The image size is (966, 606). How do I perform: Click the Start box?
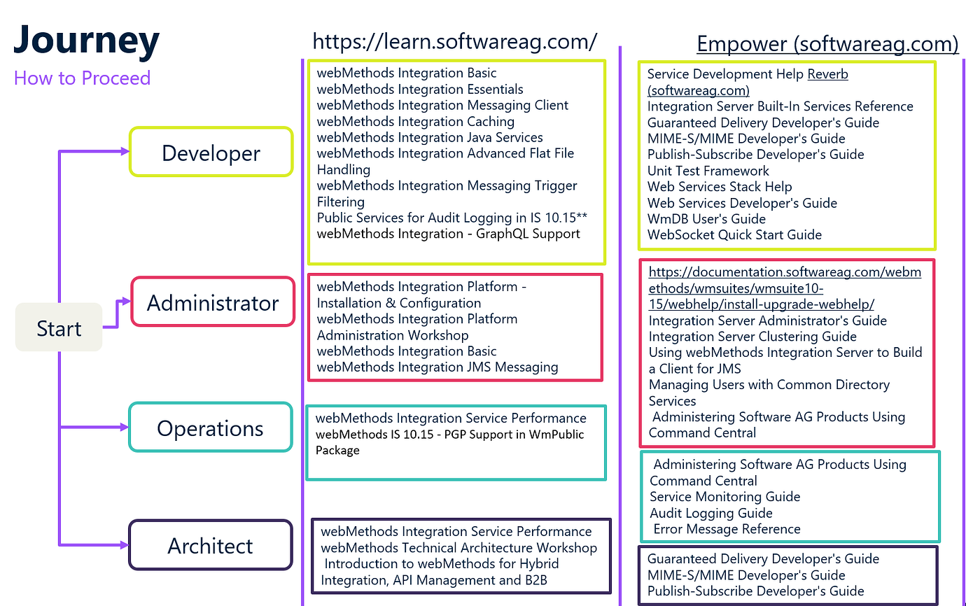point(59,327)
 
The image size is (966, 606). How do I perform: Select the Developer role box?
point(211,152)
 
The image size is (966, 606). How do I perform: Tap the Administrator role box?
point(213,302)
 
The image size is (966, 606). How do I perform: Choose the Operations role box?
point(211,427)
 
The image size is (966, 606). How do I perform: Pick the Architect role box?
point(211,545)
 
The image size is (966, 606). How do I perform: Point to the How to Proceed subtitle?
point(82,78)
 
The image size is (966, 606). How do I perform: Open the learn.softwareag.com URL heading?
point(454,41)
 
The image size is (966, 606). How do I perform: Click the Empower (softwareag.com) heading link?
point(827,43)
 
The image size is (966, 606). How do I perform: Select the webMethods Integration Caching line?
point(415,122)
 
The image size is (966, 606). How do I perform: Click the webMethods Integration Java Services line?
point(430,137)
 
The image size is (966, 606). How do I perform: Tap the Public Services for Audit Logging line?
point(452,218)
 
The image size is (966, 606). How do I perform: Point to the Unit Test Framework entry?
point(708,171)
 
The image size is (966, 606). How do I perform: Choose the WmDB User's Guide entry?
point(706,219)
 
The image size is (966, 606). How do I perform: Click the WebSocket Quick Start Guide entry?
point(734,235)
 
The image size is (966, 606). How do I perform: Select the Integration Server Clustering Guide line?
point(752,337)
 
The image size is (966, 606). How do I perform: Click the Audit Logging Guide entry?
point(710,514)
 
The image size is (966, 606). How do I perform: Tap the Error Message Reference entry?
point(727,529)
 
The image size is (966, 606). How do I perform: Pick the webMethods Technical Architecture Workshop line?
point(459,548)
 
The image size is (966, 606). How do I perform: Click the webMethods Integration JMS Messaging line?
point(437,367)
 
